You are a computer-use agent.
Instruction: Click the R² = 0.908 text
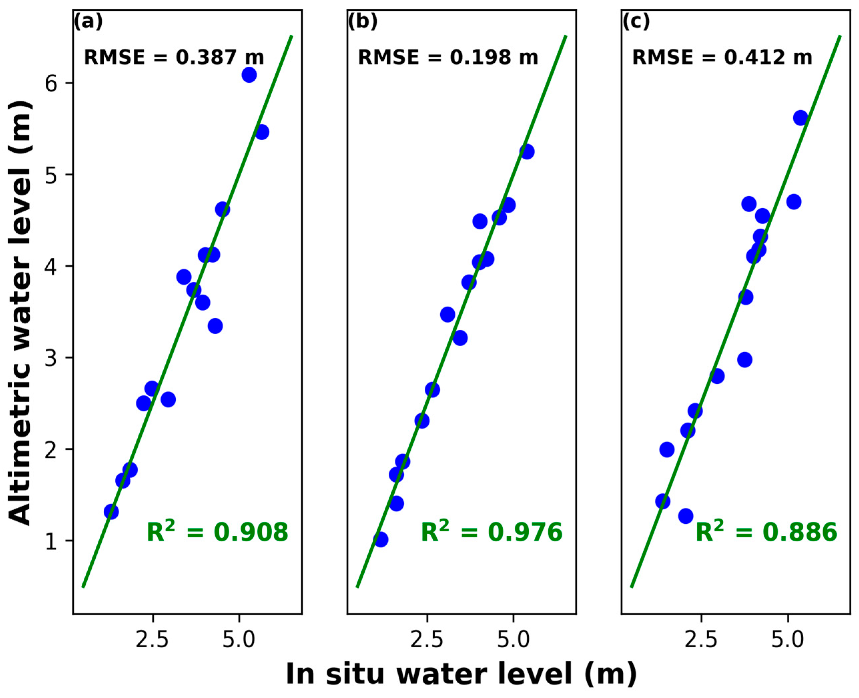(x=218, y=532)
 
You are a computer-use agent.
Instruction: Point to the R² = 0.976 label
(x=491, y=532)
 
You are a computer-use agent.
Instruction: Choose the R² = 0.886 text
(x=766, y=532)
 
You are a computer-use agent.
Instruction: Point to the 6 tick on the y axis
(x=54, y=83)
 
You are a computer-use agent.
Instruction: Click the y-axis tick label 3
(x=54, y=358)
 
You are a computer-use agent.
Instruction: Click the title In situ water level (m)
(x=461, y=674)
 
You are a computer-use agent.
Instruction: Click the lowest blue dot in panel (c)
(x=686, y=516)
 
